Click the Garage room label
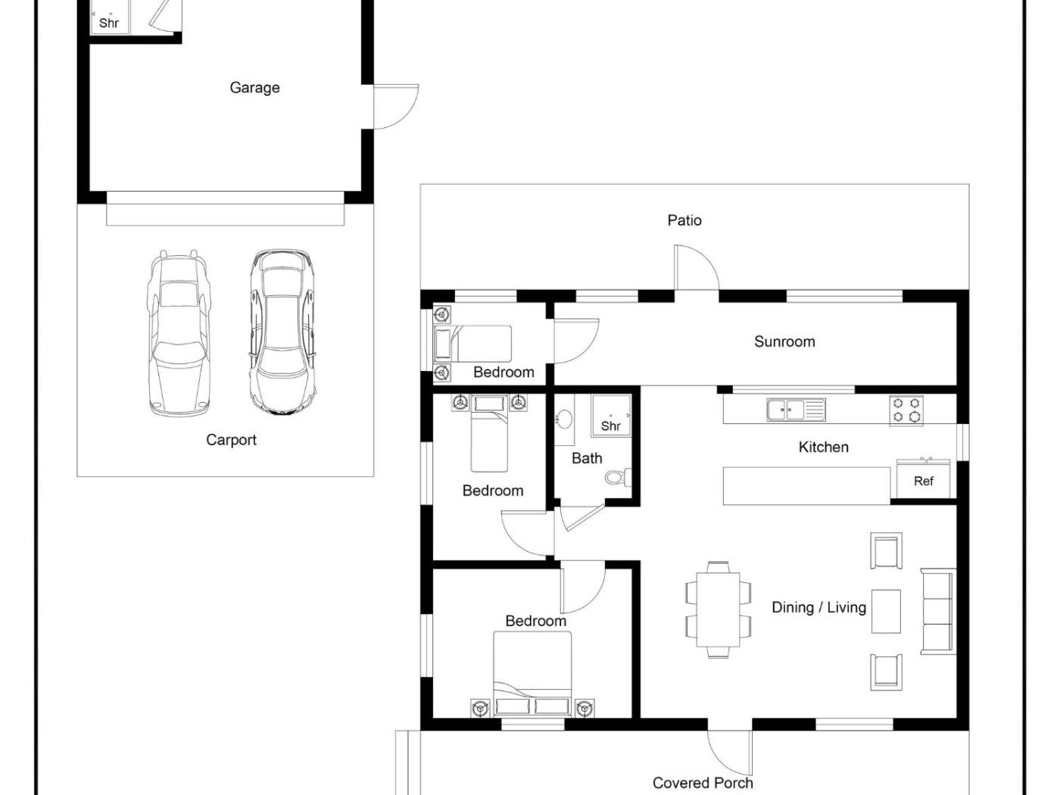click(x=254, y=88)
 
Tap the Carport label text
click(x=231, y=440)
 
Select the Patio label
click(x=684, y=220)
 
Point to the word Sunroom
click(x=784, y=341)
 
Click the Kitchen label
click(x=823, y=447)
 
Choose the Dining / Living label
click(x=819, y=607)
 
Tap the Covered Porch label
click(x=703, y=782)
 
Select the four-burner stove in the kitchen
click(x=906, y=411)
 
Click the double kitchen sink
click(x=796, y=410)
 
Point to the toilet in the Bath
click(x=618, y=478)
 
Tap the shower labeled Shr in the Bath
click(x=611, y=416)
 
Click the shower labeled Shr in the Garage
click(x=110, y=17)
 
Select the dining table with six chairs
click(x=718, y=609)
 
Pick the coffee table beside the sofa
click(x=886, y=611)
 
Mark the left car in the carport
click(x=179, y=333)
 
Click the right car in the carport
click(x=283, y=332)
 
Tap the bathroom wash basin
click(x=564, y=419)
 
